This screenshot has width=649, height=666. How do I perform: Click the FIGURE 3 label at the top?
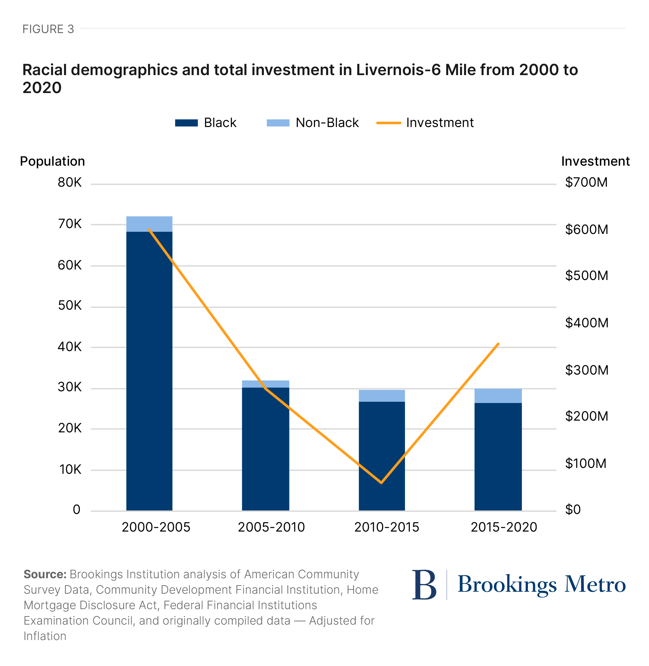pyautogui.click(x=48, y=29)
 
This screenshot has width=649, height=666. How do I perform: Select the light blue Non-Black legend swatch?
pyautogui.click(x=278, y=123)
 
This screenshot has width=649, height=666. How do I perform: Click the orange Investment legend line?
pyautogui.click(x=389, y=123)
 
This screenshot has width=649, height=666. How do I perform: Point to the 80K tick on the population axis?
pyautogui.click(x=70, y=183)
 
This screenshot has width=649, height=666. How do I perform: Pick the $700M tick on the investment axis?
pyautogui.click(x=586, y=182)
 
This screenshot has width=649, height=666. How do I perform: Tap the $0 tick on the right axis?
pyautogui.click(x=573, y=510)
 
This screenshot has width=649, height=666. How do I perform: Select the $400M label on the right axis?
pyautogui.click(x=587, y=323)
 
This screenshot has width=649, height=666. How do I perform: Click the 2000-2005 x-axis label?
pyautogui.click(x=156, y=527)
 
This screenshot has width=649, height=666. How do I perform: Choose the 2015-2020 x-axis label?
pyautogui.click(x=504, y=527)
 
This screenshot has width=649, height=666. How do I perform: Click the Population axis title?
pyautogui.click(x=53, y=161)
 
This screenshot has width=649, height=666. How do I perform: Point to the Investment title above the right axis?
pyautogui.click(x=595, y=161)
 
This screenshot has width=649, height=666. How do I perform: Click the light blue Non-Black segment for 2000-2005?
pyautogui.click(x=149, y=224)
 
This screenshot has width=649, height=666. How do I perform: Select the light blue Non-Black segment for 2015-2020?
pyautogui.click(x=498, y=396)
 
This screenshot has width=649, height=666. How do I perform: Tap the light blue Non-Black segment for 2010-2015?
pyautogui.click(x=382, y=396)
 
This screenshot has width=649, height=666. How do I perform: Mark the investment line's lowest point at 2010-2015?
pyautogui.click(x=381, y=483)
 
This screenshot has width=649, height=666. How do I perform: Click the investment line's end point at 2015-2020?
pyautogui.click(x=498, y=344)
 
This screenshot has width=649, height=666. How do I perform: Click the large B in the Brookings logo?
pyautogui.click(x=424, y=585)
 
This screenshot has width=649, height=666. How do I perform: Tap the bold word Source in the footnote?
pyautogui.click(x=45, y=574)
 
